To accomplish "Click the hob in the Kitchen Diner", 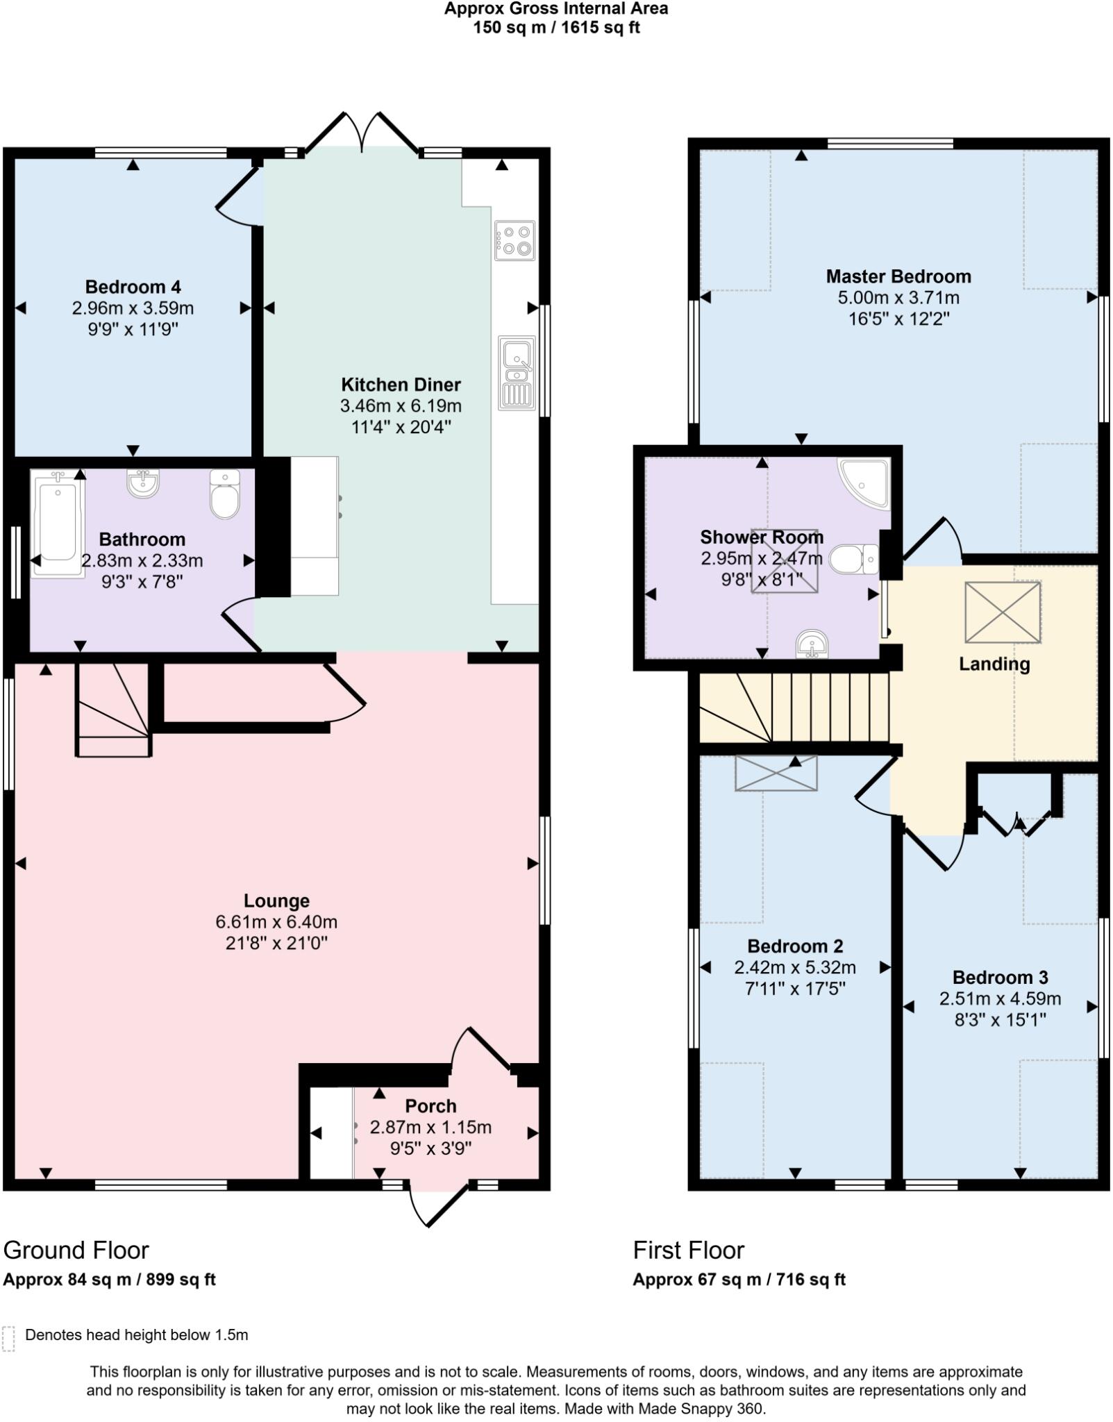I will [x=514, y=240].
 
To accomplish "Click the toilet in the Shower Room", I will [x=853, y=559].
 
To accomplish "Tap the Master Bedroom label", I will [x=898, y=276].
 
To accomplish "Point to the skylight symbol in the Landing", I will [x=1003, y=612].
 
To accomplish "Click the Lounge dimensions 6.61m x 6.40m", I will [x=276, y=922].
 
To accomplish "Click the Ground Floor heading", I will [x=76, y=1250].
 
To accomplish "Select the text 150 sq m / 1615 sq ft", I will [x=556, y=28].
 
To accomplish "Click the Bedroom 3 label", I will [x=1000, y=978].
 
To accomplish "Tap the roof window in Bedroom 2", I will [x=776, y=773].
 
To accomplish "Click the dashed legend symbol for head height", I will [x=8, y=1338].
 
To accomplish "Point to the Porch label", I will [x=430, y=1106].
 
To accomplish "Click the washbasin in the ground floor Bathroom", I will [x=143, y=483].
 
